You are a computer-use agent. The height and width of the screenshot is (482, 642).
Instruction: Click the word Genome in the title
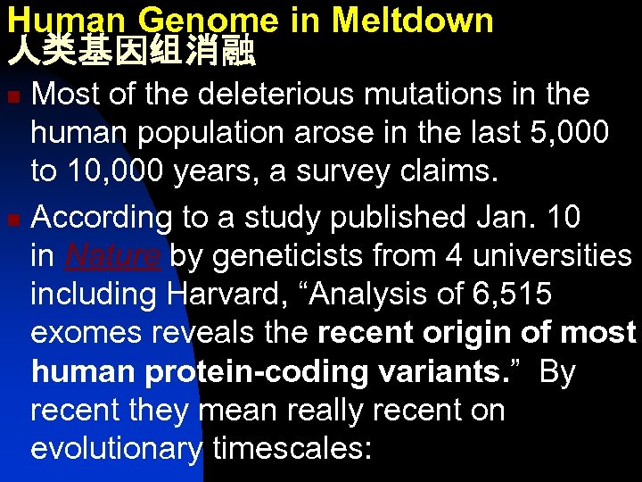[x=193, y=20]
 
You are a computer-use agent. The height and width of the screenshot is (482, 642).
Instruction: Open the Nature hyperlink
[x=111, y=256]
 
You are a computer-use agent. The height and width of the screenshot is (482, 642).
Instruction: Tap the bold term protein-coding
[x=256, y=372]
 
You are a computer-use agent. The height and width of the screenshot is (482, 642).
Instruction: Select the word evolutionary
[x=117, y=449]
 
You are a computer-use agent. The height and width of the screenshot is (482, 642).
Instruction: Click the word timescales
[x=292, y=449]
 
